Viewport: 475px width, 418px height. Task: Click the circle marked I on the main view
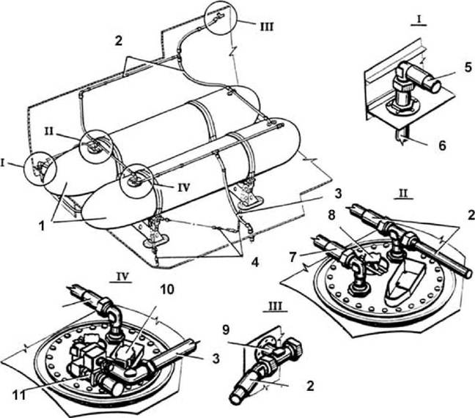click(41, 171)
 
